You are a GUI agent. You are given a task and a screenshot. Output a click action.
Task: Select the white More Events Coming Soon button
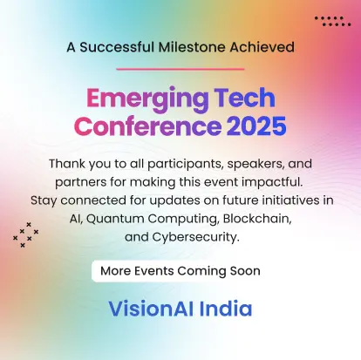180,270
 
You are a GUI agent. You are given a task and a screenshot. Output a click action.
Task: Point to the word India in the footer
224,309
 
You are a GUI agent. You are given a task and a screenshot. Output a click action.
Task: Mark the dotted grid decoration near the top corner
332,22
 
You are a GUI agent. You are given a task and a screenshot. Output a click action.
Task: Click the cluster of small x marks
25,234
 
